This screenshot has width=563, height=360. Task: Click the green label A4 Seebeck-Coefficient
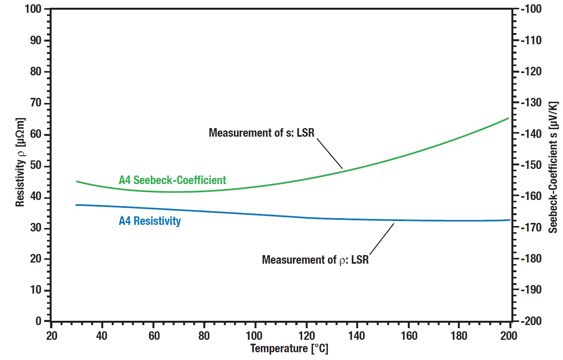(172, 180)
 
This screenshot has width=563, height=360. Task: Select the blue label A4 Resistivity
(150, 221)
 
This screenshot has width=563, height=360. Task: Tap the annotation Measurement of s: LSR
(262, 133)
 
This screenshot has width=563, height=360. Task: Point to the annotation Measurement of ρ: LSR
(315, 260)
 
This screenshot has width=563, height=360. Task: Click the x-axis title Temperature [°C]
(289, 348)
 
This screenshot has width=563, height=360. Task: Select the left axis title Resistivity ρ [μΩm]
(20, 162)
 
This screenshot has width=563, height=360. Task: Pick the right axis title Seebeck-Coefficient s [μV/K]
(553, 167)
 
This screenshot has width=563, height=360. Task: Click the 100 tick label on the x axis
(254, 336)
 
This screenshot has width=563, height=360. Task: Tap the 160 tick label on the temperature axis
(408, 336)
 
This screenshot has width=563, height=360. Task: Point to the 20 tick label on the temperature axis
(52, 336)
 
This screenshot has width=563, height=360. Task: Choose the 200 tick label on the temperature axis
(509, 336)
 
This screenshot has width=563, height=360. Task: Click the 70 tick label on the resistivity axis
(36, 103)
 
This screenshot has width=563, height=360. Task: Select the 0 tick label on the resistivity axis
(38, 321)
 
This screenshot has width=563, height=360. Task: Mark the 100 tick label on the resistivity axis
(33, 9)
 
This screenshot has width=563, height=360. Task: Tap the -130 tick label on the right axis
(531, 103)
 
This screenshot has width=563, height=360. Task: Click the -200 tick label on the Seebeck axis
(531, 321)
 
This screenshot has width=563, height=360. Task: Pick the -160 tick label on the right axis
(531, 196)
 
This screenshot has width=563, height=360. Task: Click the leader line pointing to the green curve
(330, 153)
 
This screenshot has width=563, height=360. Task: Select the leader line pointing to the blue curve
(382, 239)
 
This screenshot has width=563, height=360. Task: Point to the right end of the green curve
(508, 118)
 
